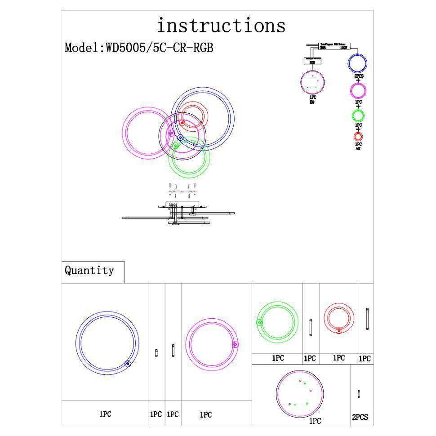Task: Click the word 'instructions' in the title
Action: click(x=221, y=26)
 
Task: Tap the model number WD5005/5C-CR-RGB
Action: click(x=159, y=48)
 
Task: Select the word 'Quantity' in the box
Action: click(x=89, y=271)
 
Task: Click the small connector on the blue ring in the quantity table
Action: click(x=128, y=364)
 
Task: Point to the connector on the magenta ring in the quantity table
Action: click(x=235, y=344)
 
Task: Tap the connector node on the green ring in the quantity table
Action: click(x=260, y=322)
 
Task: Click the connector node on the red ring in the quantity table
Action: click(x=339, y=330)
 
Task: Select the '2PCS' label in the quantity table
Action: click(x=360, y=417)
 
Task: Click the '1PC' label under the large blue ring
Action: click(x=105, y=414)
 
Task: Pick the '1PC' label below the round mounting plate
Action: click(x=315, y=421)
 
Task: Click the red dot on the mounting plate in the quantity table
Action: click(x=300, y=381)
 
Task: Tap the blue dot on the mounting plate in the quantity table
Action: click(x=289, y=404)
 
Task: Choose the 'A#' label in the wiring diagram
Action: click(x=358, y=148)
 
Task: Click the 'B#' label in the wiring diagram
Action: click(x=312, y=102)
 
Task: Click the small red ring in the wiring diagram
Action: click(x=358, y=136)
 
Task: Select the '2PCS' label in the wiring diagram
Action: click(x=359, y=76)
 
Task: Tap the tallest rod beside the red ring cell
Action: click(x=367, y=320)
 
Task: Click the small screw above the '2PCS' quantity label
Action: click(x=358, y=394)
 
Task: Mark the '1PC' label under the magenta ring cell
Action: click(x=205, y=415)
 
